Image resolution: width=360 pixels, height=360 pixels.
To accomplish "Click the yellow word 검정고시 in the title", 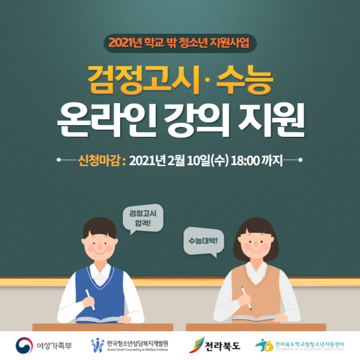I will coord(141,80).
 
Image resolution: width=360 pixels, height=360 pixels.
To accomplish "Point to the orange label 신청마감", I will coord(102,161).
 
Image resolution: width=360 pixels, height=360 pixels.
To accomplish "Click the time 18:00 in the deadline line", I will coord(244,161).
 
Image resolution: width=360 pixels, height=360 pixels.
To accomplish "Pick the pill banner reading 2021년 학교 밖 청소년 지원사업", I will coord(179,42).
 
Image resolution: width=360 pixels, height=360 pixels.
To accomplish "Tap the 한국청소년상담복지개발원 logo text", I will coord(137,343).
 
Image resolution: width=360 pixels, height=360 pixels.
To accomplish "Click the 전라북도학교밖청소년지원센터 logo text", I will coord(313,344).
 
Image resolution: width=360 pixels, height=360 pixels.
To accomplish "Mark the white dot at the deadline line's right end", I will coord(301,161).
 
